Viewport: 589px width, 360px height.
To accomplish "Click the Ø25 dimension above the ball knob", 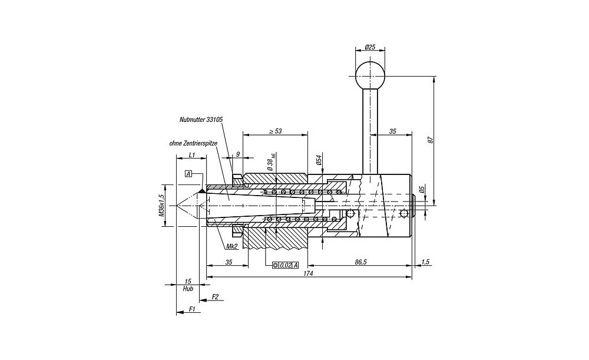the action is pyautogui.click(x=370, y=47).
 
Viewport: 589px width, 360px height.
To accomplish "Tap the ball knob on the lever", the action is pyautogui.click(x=370, y=74).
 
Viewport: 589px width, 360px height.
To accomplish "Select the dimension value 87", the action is pyautogui.click(x=431, y=140).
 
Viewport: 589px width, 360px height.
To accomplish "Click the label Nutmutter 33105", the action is pyautogui.click(x=201, y=120).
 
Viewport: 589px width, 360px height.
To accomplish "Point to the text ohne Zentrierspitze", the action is pyautogui.click(x=193, y=143).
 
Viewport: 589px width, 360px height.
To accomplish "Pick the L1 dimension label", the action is pyautogui.click(x=191, y=154).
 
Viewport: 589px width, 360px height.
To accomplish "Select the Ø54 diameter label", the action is pyautogui.click(x=319, y=160).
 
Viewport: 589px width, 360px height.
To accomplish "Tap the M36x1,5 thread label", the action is pyautogui.click(x=161, y=206).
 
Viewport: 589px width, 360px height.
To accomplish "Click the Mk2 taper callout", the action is pyautogui.click(x=231, y=246).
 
